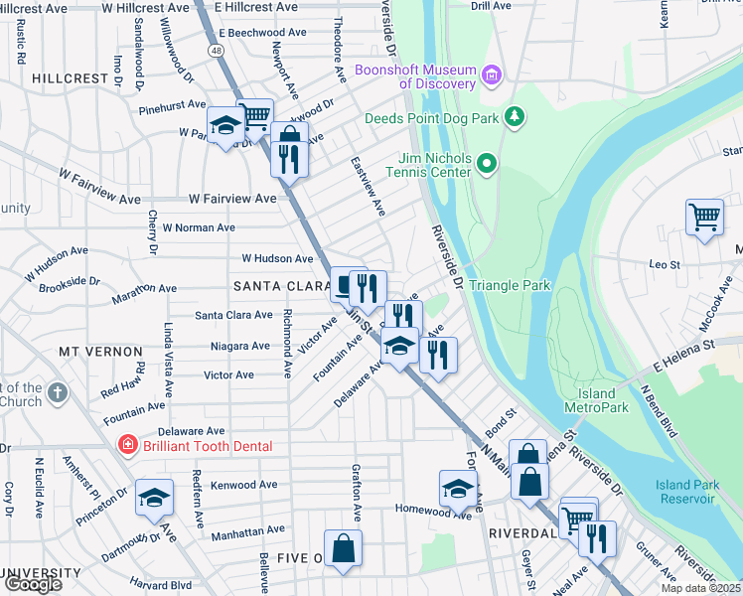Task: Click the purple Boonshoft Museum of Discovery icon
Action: coord(491,75)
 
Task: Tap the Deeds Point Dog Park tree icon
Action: coord(514,118)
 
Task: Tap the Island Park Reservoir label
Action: coord(684,491)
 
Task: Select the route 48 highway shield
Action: coord(216,48)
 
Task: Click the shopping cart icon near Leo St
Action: coord(704,216)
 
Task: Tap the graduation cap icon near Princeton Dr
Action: coord(154,496)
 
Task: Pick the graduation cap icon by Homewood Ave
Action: coord(458,488)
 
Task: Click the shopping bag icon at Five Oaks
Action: coord(343,547)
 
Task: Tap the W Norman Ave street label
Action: coord(199,227)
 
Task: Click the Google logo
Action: coord(33,584)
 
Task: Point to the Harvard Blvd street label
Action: coord(161,584)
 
